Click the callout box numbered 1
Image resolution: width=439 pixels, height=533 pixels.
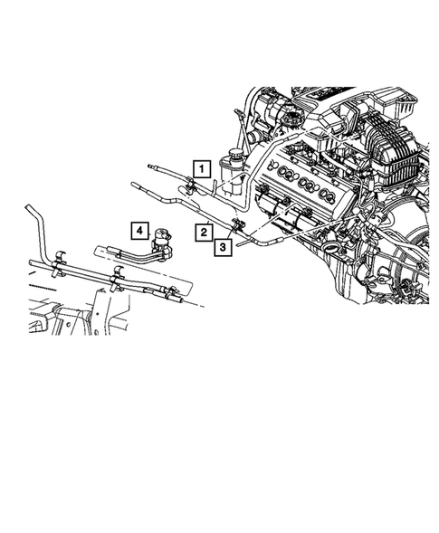point(202,167)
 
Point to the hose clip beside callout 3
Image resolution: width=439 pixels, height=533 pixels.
point(240,225)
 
